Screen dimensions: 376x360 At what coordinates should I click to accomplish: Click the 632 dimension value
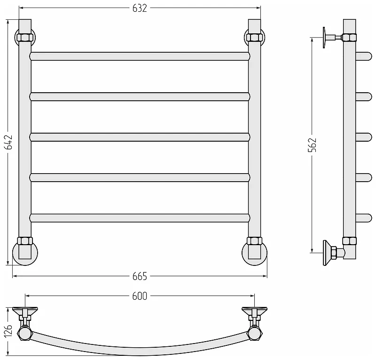point(140,8)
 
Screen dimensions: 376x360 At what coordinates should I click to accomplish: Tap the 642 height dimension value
point(9,142)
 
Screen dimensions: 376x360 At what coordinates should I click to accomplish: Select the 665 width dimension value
point(140,276)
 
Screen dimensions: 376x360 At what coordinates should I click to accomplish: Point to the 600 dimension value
point(140,296)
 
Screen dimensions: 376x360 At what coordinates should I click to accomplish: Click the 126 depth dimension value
point(9,331)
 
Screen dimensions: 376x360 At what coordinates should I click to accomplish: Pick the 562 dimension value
point(313,145)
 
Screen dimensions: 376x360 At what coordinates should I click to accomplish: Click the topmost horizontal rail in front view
point(140,56)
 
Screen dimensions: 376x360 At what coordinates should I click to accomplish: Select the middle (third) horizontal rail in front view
point(140,137)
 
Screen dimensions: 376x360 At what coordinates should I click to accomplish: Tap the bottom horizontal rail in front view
point(140,218)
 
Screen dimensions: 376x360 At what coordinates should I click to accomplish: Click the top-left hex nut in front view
point(25,38)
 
